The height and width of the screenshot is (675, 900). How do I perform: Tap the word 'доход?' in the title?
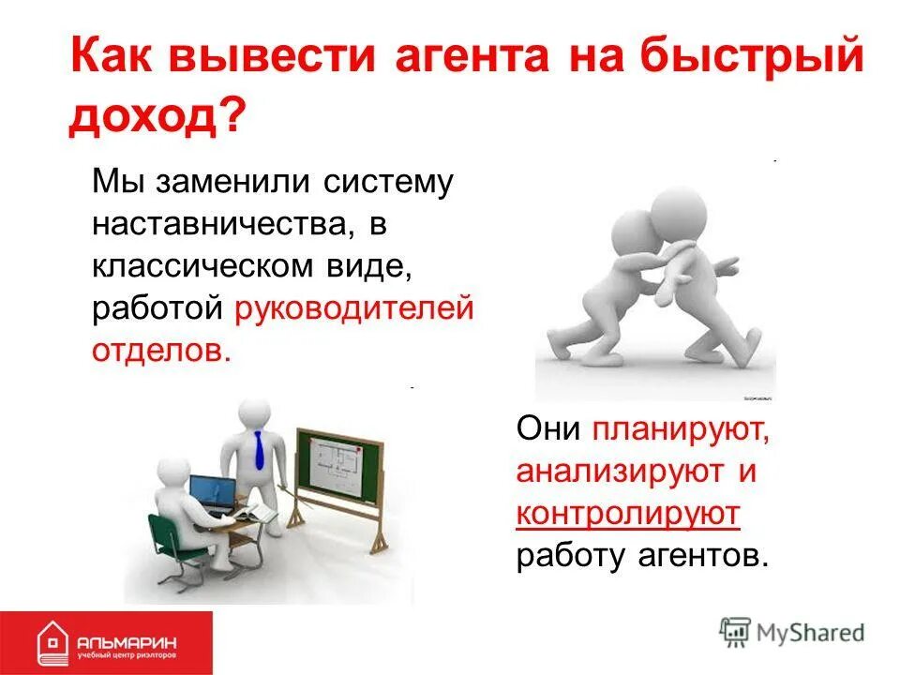(156, 119)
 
